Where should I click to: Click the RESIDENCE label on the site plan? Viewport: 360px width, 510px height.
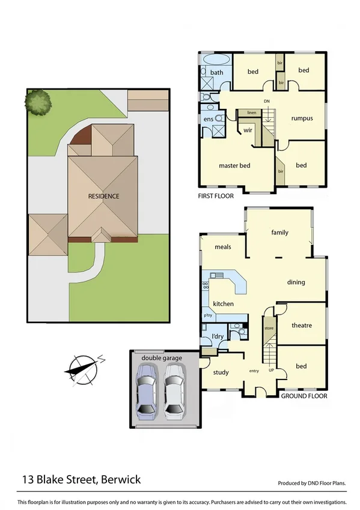tap(103, 196)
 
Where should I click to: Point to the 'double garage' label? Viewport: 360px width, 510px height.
tap(161, 358)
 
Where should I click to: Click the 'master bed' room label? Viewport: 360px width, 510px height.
tap(234, 165)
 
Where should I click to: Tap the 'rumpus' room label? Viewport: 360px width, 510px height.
tap(302, 118)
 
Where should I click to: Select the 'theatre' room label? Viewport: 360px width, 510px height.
tap(302, 325)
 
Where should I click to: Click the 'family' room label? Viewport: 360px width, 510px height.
tap(279, 232)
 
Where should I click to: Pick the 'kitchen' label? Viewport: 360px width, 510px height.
tap(223, 304)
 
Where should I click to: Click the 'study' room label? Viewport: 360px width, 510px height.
tap(221, 372)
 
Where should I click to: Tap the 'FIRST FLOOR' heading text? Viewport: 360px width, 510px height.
tap(215, 196)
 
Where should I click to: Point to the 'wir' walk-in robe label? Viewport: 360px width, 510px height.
tap(247, 128)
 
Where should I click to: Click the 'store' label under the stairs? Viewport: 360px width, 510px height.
tap(269, 328)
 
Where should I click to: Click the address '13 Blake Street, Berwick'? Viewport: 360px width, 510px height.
tap(82, 479)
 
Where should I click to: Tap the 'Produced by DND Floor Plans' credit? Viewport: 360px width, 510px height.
tap(311, 483)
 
